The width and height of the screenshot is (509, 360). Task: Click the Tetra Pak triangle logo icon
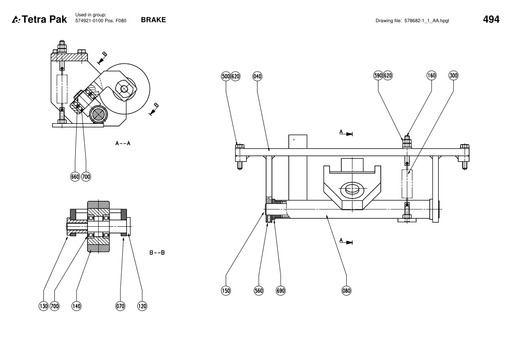click(16, 20)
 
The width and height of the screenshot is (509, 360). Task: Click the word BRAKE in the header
click(153, 20)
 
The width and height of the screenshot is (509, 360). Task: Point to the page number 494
click(491, 19)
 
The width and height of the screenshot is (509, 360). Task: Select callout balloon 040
click(257, 76)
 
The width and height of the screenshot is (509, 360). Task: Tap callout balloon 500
click(226, 76)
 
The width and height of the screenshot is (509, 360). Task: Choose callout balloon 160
click(431, 76)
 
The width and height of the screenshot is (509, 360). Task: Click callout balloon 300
click(453, 76)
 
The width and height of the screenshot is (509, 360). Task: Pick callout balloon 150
click(226, 291)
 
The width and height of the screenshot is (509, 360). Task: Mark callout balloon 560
click(259, 291)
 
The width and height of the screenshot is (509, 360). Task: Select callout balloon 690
click(281, 291)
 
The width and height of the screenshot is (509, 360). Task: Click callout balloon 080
click(346, 291)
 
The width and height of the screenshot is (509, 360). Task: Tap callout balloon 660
click(75, 176)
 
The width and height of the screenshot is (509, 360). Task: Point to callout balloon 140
click(76, 306)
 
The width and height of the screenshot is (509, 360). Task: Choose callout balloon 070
click(120, 306)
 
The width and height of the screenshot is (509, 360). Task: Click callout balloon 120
click(142, 306)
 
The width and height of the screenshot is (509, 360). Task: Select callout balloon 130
click(44, 306)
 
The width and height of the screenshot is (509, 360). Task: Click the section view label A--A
click(123, 143)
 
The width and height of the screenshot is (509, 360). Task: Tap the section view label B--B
click(157, 253)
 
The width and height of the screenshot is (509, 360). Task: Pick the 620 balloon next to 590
click(388, 76)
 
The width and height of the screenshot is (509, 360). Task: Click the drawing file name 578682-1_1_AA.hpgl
click(427, 21)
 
